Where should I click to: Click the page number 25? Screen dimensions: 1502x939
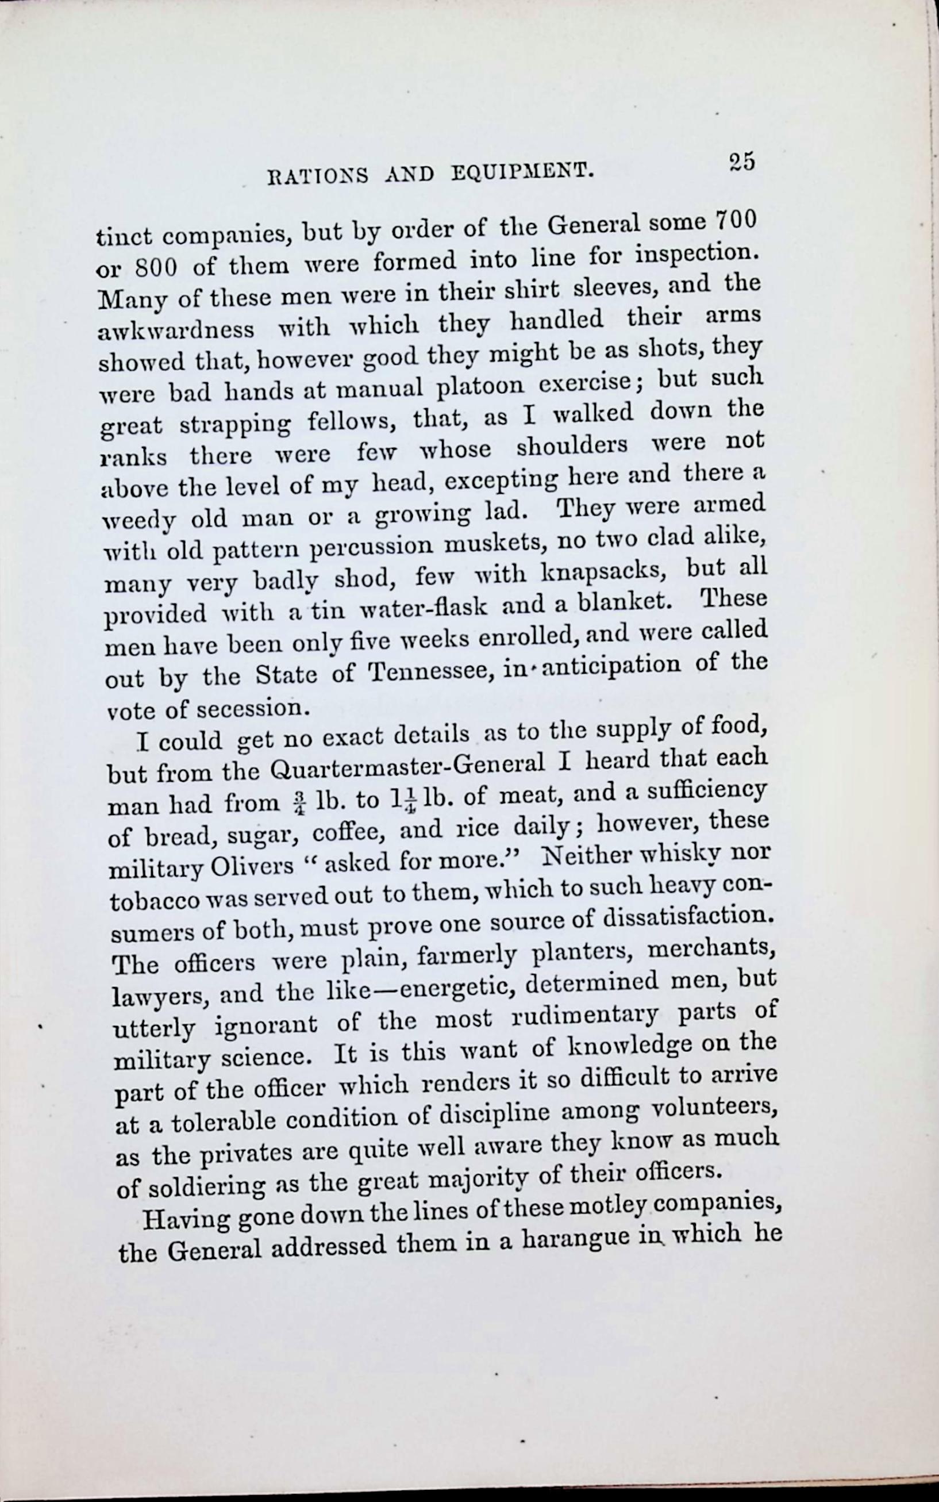click(x=742, y=162)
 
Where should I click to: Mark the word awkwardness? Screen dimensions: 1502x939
click(x=176, y=330)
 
